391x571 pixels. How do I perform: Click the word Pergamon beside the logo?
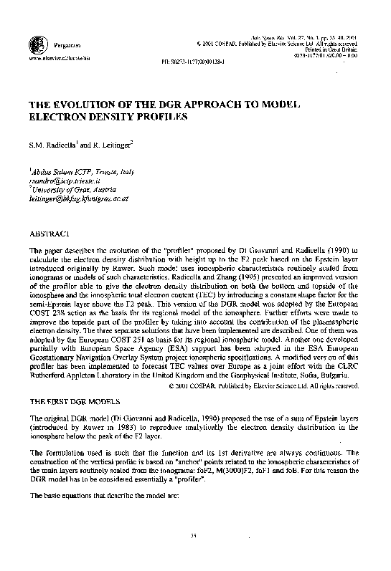58,45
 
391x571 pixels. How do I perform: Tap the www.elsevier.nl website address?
51,56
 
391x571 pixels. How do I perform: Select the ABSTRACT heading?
49,234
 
